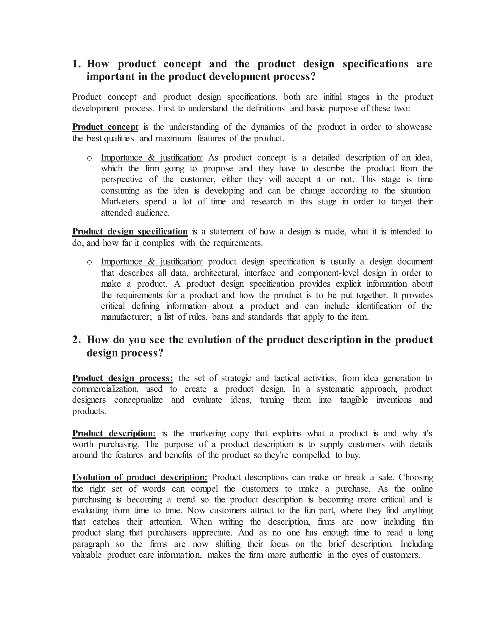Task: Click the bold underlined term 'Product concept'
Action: pyautogui.click(x=105, y=127)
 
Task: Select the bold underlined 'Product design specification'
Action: pyautogui.click(x=130, y=231)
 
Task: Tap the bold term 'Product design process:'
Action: pyautogui.click(x=122, y=378)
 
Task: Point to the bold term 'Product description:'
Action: pyautogui.click(x=114, y=434)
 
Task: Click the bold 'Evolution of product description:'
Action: pyautogui.click(x=140, y=477)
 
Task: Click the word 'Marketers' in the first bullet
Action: pyautogui.click(x=120, y=201)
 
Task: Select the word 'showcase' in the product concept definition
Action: pyautogui.click(x=415, y=127)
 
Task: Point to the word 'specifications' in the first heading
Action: pyautogui.click(x=375, y=64)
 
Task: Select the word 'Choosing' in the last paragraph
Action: pyautogui.click(x=415, y=477)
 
